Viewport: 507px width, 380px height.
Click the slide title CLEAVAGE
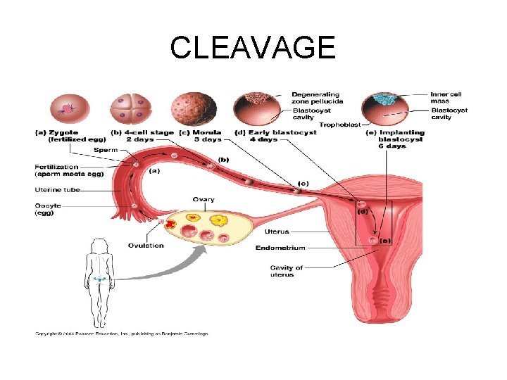pos(253,48)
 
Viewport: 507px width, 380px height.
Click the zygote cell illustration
pos(68,109)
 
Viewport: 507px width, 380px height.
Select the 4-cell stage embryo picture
pos(132,109)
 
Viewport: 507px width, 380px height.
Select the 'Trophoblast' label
pos(337,125)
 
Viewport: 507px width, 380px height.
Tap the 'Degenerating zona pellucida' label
pos(316,98)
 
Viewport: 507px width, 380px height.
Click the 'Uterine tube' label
pos(58,190)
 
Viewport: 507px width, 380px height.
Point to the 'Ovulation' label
pos(146,246)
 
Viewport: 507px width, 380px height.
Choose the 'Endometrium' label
pos(280,248)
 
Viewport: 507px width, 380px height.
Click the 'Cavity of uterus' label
pos(287,271)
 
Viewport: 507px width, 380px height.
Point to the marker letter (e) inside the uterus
pos(384,240)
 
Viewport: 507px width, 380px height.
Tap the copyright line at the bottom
pos(122,333)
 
